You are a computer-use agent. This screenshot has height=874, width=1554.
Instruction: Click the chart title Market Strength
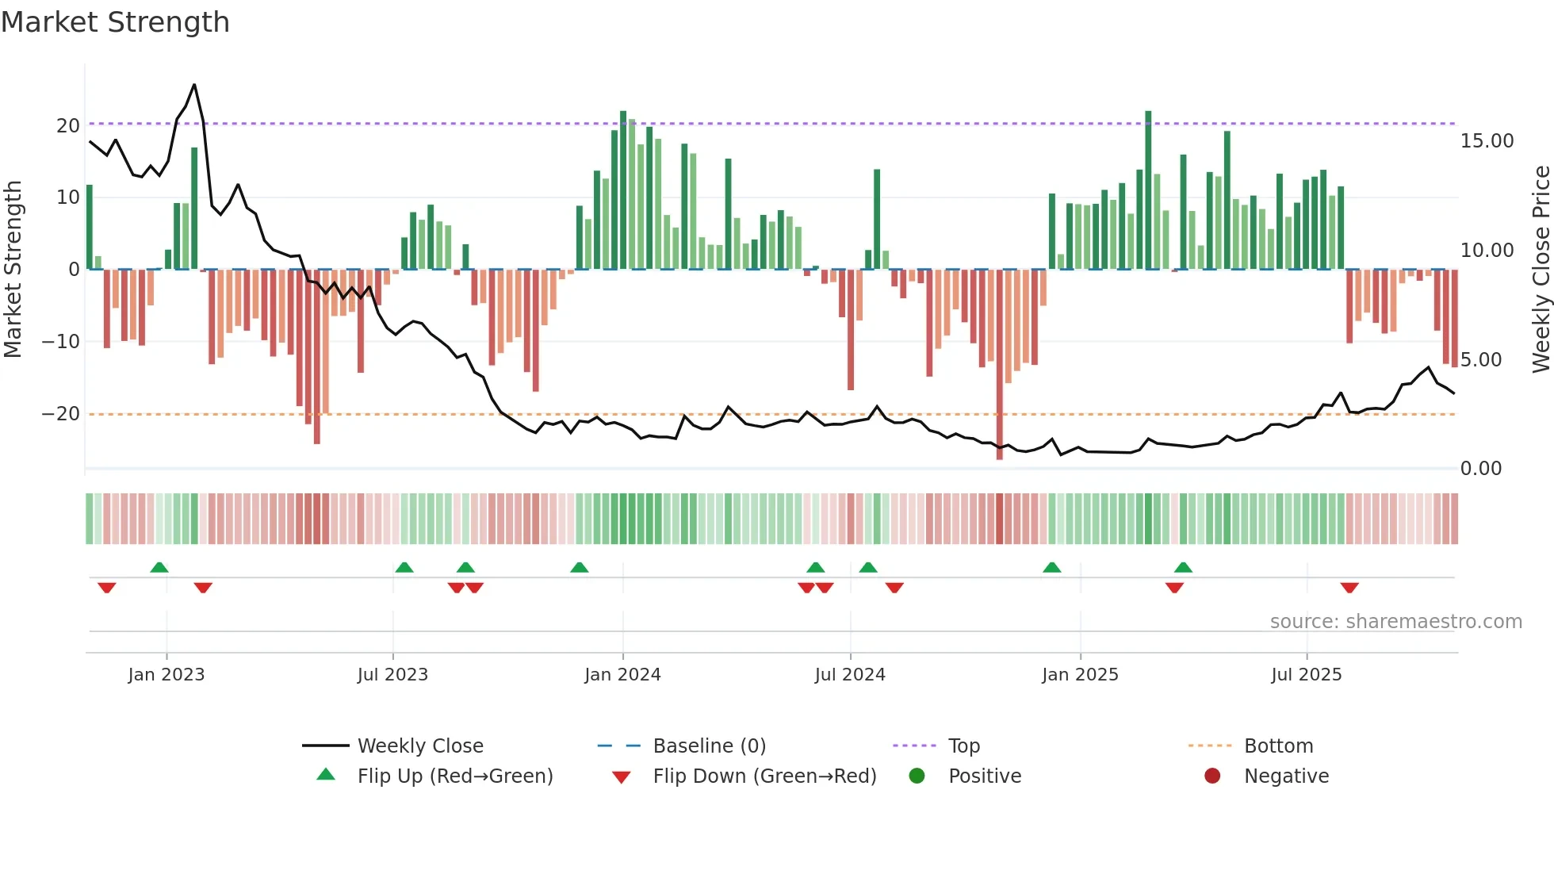coord(115,22)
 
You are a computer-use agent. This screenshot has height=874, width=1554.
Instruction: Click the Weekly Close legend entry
coord(419,746)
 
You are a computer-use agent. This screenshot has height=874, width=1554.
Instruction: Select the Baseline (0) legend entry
coord(709,746)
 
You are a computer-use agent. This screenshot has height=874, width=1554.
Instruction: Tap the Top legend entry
coord(963,746)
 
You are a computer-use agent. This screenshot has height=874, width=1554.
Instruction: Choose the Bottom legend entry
coord(1278,746)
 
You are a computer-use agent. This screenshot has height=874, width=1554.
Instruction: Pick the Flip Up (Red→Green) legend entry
coord(454,776)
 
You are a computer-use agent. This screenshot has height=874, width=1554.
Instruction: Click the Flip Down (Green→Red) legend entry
coord(764,776)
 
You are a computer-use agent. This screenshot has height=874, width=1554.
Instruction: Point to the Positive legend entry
coord(984,776)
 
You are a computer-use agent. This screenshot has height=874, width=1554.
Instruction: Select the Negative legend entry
coord(1285,776)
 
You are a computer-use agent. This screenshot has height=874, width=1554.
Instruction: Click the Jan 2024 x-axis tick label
coord(622,675)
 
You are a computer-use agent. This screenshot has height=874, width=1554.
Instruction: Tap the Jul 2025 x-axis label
coord(1306,675)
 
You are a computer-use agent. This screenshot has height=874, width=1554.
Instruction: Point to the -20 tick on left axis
coord(61,414)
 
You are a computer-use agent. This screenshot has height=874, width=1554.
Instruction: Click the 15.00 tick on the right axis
coord(1487,141)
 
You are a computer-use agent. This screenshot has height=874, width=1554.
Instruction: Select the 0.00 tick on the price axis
coord(1480,469)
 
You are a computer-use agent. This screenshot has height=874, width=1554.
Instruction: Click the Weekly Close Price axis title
coord(1541,270)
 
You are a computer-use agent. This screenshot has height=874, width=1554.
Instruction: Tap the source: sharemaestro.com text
coord(1395,622)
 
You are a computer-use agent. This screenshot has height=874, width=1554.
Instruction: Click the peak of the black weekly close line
coord(194,85)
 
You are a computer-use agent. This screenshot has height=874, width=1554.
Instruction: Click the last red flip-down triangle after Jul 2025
coord(1349,588)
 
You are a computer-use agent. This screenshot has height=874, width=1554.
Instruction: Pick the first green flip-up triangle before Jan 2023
coord(159,567)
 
